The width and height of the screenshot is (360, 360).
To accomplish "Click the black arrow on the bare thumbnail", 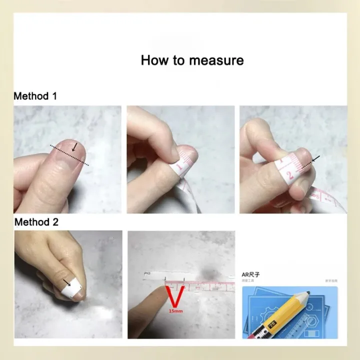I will pos(74,146).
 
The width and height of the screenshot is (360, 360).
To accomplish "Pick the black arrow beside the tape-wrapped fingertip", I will pos(315,159).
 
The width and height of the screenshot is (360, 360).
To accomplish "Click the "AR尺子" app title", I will pos(250,274).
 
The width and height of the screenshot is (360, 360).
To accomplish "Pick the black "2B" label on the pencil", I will pos(272,323).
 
